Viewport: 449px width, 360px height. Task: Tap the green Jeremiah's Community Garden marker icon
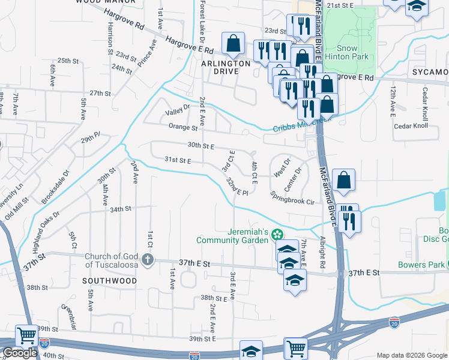pyautogui.click(x=277, y=233)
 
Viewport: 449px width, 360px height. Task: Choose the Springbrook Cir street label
pyautogui.click(x=292, y=198)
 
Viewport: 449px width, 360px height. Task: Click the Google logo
pyautogui.click(x=20, y=353)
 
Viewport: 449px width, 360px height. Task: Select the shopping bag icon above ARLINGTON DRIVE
pyautogui.click(x=233, y=43)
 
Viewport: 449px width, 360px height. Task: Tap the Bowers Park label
pyautogui.click(x=420, y=265)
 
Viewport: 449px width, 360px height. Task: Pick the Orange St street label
pyautogui.click(x=182, y=127)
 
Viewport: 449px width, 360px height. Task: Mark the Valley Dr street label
pyautogui.click(x=177, y=109)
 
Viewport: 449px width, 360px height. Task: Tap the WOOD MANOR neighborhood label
pyautogui.click(x=100, y=2)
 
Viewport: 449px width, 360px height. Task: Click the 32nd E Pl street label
pyautogui.click(x=237, y=186)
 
